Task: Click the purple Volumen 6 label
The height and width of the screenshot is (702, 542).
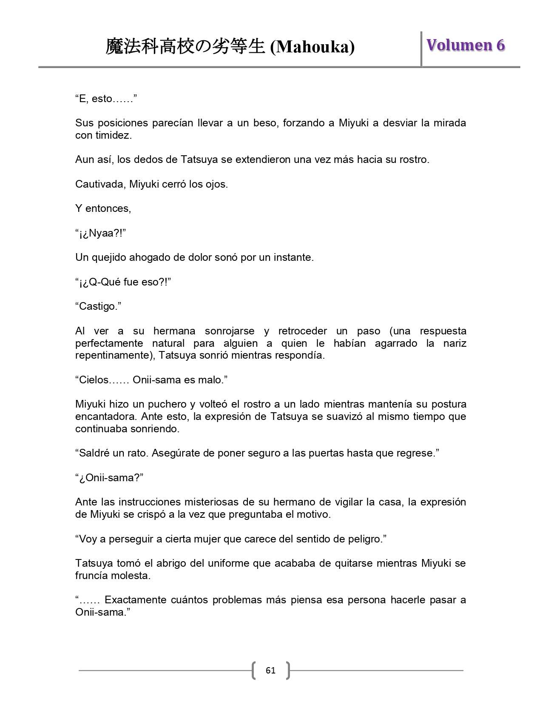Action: (x=465, y=45)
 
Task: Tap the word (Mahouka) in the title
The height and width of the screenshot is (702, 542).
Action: (x=312, y=47)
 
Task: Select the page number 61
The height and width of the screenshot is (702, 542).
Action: (x=270, y=671)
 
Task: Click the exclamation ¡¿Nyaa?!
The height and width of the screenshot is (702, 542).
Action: (x=101, y=233)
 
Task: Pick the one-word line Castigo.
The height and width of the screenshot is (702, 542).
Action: (x=98, y=306)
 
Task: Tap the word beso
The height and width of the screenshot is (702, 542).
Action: (x=264, y=123)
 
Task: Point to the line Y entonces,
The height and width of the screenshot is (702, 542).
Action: (x=103, y=208)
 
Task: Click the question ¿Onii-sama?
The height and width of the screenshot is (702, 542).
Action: (x=109, y=478)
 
